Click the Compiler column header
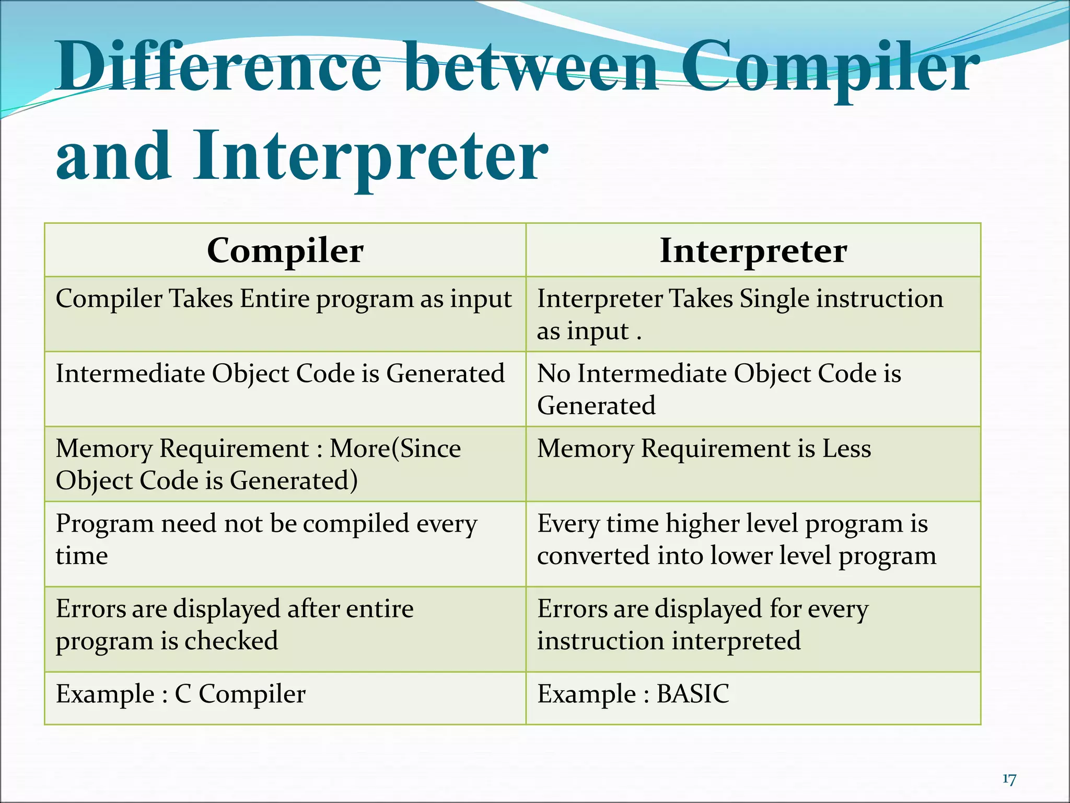285,251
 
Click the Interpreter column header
753,251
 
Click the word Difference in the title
219,68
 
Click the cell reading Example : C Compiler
181,694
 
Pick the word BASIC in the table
692,694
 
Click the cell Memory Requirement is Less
704,449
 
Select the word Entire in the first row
274,299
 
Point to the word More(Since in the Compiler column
396,449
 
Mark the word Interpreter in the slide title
370,157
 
